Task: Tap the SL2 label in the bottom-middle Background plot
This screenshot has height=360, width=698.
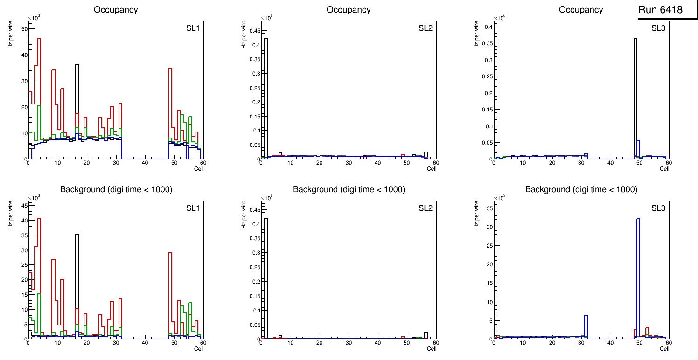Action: [426, 208]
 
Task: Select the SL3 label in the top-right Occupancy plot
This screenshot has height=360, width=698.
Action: [658, 28]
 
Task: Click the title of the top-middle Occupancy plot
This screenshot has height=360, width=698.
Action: [349, 10]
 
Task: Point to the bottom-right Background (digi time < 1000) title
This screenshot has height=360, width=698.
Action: [581, 189]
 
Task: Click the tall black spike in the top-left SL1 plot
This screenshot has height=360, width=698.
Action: [77, 93]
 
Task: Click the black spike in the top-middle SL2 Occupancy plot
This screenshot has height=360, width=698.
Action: [265, 93]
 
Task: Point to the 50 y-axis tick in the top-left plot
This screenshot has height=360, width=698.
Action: [25, 29]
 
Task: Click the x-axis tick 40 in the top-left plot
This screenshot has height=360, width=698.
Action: [145, 163]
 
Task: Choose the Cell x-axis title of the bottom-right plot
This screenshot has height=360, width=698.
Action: [664, 349]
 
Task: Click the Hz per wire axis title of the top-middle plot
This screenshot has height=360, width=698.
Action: [243, 37]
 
